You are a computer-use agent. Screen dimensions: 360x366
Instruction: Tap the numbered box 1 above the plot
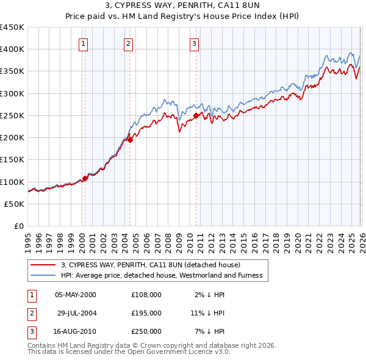point(83,43)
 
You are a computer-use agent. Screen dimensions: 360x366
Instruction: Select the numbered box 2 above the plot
point(129,43)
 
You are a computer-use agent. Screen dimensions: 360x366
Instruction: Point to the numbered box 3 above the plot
point(194,43)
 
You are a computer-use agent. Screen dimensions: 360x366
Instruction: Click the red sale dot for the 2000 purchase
point(85,178)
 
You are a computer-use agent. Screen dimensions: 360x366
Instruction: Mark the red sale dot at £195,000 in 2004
point(131,140)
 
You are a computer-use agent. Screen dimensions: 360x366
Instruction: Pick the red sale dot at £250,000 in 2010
point(196,115)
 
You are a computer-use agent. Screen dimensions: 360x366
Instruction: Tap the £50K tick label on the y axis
point(15,204)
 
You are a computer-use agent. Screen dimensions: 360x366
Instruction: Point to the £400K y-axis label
point(12,49)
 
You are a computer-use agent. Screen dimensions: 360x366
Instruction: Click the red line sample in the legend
point(43,265)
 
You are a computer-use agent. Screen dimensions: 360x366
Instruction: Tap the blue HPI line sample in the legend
point(43,275)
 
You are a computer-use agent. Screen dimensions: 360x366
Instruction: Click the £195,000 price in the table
point(146,312)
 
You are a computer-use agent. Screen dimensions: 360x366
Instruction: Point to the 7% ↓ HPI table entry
point(210,331)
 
